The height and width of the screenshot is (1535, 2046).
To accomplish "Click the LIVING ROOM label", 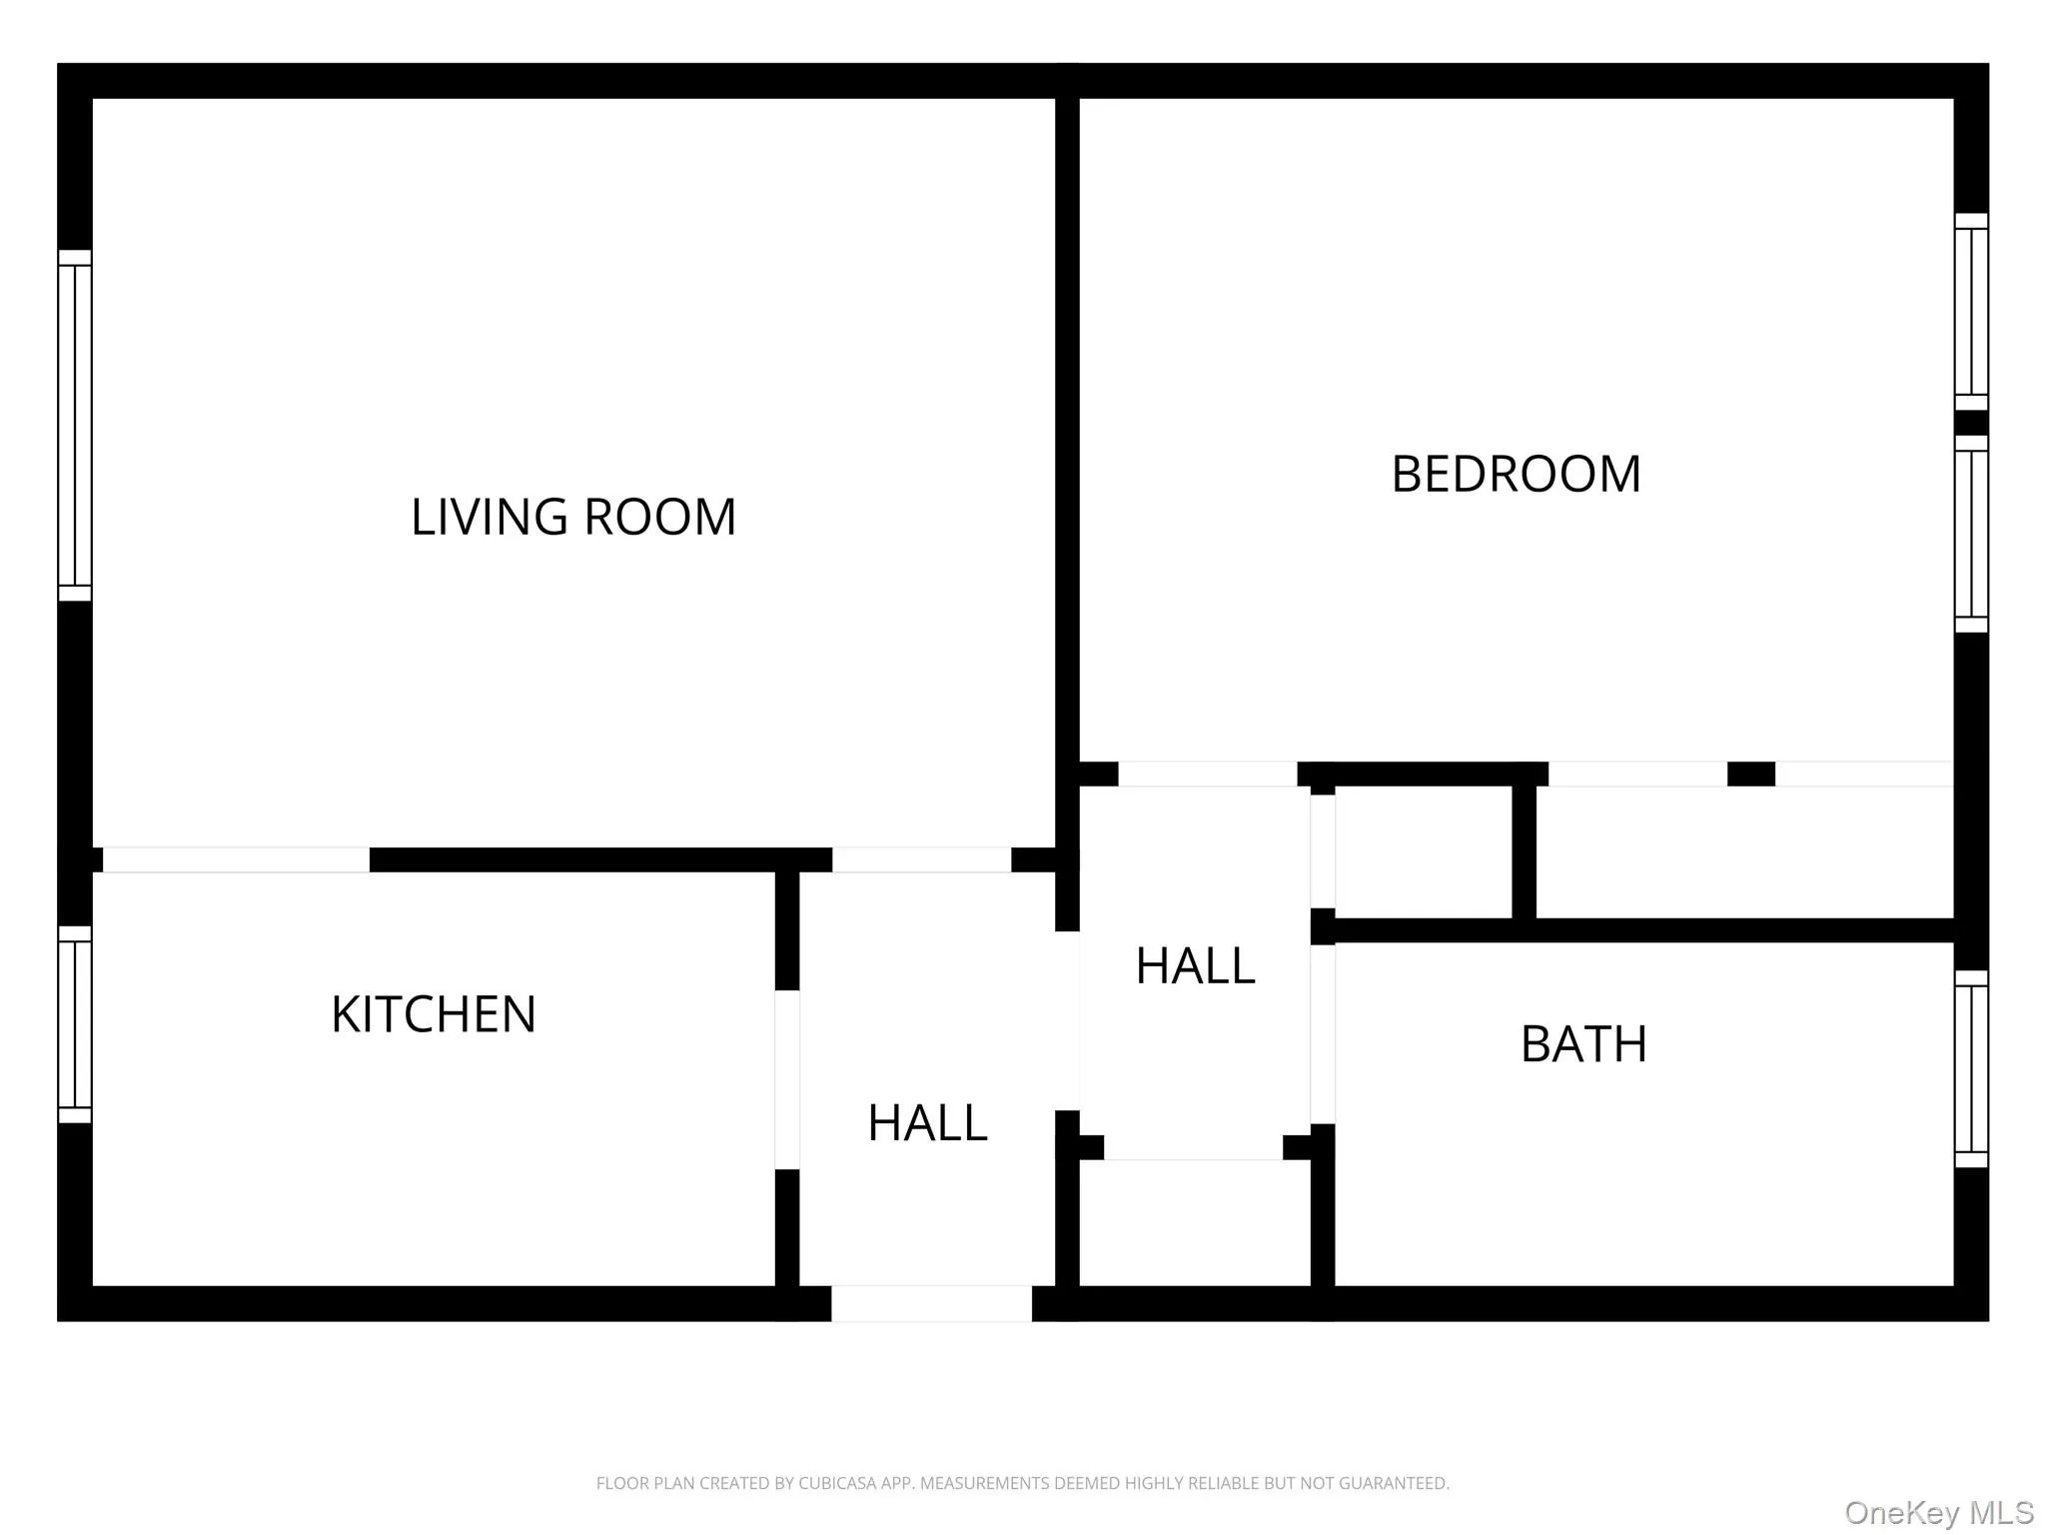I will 573,517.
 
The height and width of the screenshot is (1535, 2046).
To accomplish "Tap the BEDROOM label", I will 1516,474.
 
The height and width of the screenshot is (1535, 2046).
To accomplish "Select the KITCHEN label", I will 434,1014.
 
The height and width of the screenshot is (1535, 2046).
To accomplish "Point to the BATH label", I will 1583,1044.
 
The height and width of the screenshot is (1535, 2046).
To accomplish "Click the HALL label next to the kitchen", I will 927,1122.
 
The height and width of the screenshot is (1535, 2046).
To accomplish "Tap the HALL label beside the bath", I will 1195,965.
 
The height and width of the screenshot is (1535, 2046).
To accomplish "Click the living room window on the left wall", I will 75,425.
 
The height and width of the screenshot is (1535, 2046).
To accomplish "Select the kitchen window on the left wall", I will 75,1024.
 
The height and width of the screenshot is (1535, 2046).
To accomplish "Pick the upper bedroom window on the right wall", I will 1971,312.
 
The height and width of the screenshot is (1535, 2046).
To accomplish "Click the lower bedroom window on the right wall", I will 1971,534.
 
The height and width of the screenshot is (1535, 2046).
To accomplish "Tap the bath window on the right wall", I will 1971,1068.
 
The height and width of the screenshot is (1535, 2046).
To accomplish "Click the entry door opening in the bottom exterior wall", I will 931,1304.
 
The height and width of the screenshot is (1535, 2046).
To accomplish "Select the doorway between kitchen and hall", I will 787,1079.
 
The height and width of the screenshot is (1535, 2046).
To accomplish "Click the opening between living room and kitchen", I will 236,859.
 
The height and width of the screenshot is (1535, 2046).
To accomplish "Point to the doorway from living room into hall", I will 921,859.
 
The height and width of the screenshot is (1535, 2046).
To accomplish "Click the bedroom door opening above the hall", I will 1207,773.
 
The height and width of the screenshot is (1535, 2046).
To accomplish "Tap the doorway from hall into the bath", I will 1323,1034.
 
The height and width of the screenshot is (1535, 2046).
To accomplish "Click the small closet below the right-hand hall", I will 1195,1223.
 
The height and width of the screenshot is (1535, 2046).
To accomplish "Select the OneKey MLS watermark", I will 1938,1512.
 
